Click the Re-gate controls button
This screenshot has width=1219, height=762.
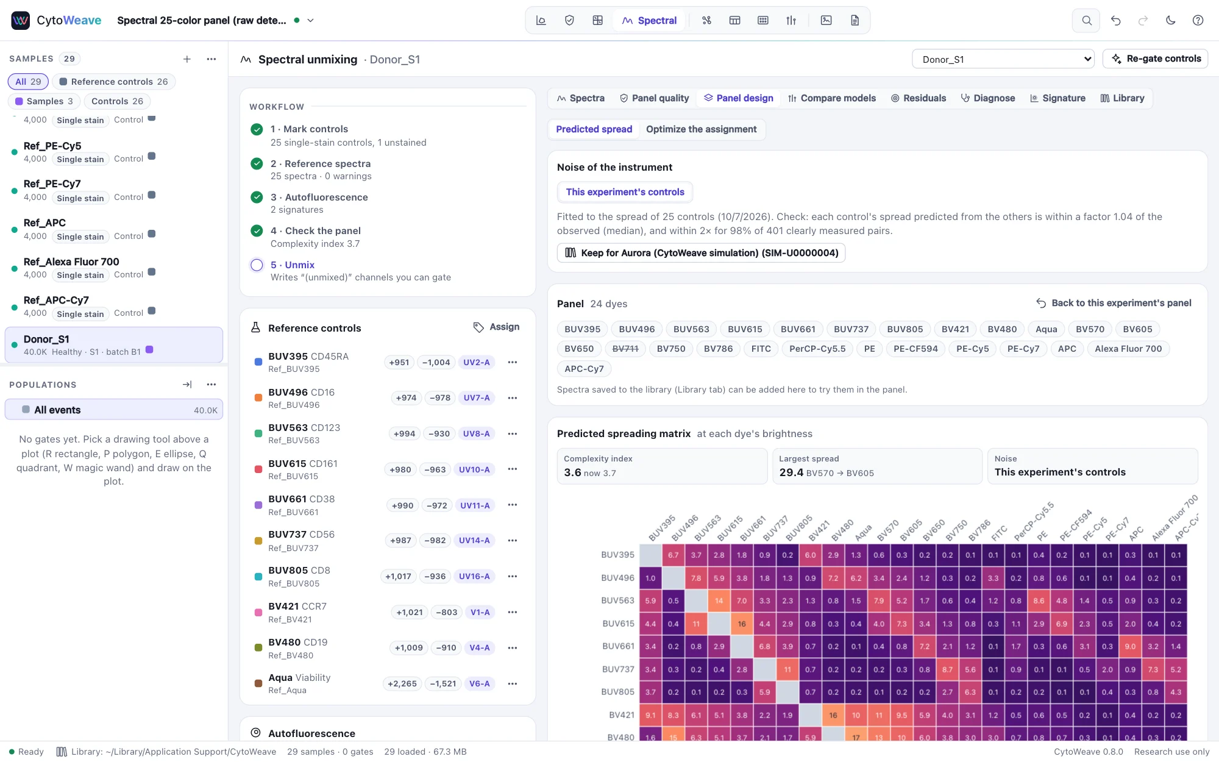pyautogui.click(x=1156, y=59)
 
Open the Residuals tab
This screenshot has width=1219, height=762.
pyautogui.click(x=919, y=98)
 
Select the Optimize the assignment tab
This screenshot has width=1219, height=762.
pyautogui.click(x=701, y=129)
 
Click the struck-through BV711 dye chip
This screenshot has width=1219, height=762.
pyautogui.click(x=625, y=349)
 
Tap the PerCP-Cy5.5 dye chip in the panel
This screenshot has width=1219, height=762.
pyautogui.click(x=817, y=349)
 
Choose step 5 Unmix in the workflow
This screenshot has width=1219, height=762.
pyautogui.click(x=293, y=265)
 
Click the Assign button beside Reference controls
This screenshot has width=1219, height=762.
pyautogui.click(x=497, y=327)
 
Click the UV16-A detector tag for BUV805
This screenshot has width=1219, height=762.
pyautogui.click(x=474, y=576)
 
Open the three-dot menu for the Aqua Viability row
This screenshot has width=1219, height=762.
pyautogui.click(x=513, y=684)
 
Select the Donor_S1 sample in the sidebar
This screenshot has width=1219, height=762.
pyautogui.click(x=114, y=345)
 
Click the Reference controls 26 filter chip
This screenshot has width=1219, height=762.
pyautogui.click(x=114, y=82)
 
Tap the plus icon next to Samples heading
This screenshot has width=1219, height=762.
pyautogui.click(x=187, y=59)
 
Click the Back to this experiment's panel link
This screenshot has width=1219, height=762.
pyautogui.click(x=1114, y=303)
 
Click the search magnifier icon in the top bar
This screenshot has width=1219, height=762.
pyautogui.click(x=1086, y=20)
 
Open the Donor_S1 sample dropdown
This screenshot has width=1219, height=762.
pyautogui.click(x=1003, y=59)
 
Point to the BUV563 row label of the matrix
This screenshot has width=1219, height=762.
pyautogui.click(x=617, y=600)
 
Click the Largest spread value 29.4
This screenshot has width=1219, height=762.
pyautogui.click(x=791, y=472)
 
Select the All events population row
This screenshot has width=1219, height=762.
pyautogui.click(x=114, y=410)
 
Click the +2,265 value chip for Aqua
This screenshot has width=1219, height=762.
pyautogui.click(x=402, y=684)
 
